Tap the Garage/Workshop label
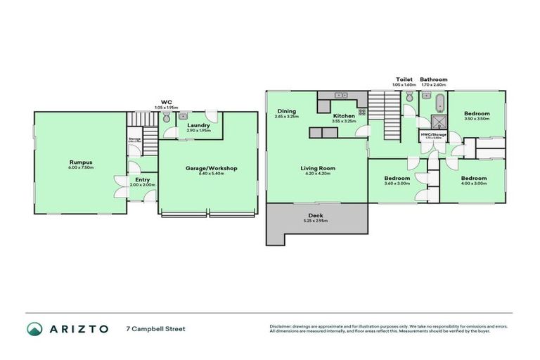[211, 168]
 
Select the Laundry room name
[198, 125]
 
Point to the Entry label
[143, 179]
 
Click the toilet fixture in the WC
[166, 120]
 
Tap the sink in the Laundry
[184, 116]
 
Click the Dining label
[286, 110]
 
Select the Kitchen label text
[344, 115]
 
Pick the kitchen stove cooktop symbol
[362, 111]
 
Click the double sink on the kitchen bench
[341, 95]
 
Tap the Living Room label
[317, 168]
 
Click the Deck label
[316, 215]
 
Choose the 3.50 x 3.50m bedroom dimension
[477, 119]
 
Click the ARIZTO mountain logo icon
[34, 328]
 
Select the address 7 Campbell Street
[155, 328]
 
